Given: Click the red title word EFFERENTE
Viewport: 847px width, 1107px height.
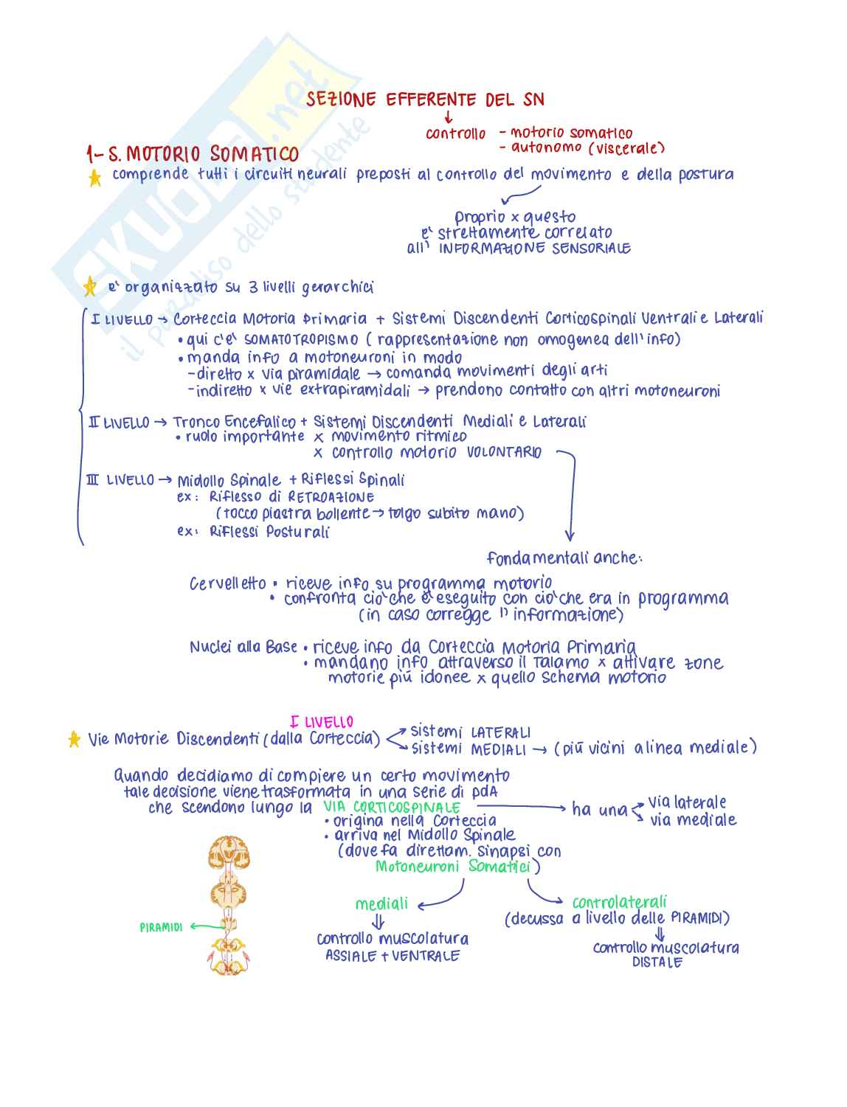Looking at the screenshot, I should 432,100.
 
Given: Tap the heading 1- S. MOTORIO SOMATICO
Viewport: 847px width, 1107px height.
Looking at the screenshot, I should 193,154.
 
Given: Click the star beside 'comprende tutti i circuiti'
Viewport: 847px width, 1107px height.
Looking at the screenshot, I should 94,178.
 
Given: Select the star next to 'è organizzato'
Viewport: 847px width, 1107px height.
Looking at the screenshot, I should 89,286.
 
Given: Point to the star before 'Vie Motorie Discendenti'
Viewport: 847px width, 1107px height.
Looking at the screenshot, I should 74,739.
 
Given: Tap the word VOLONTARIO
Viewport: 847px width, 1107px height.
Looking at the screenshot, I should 505,452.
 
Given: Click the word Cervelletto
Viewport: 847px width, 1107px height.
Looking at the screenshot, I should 227,584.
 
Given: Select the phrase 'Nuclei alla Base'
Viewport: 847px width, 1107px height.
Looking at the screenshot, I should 243,648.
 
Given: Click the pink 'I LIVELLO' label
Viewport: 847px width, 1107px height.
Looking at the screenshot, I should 322,722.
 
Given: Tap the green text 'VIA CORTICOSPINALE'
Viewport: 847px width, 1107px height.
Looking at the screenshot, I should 392,808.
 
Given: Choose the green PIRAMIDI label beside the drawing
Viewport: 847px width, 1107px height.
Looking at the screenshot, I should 161,927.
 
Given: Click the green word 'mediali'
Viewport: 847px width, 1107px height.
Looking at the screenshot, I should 381,904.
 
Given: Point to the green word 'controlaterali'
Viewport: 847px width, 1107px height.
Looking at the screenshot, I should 619,902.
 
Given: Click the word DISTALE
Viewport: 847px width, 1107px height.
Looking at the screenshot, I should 657,962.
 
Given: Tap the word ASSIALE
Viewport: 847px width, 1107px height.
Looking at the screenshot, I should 351,956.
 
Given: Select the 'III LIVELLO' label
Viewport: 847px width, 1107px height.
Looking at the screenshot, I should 120,480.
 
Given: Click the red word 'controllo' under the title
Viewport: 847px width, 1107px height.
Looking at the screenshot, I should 456,133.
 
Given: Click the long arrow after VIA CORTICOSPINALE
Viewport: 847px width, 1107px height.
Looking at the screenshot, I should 520,808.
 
